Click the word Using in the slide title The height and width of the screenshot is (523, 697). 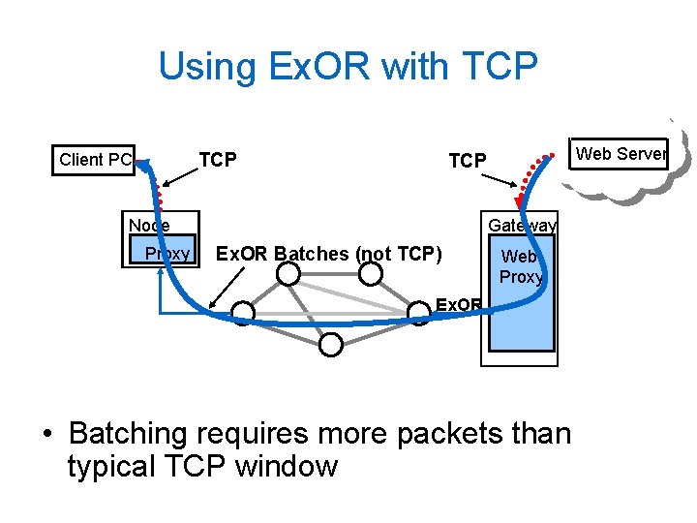click(203, 67)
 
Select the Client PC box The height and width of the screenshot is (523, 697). click(95, 160)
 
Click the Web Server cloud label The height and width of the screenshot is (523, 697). click(621, 153)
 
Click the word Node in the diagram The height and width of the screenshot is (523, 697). click(149, 225)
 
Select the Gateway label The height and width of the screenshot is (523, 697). click(522, 225)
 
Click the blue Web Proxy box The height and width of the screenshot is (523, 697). click(522, 300)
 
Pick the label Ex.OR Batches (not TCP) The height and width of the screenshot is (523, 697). click(328, 254)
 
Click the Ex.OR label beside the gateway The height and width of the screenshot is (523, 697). click(458, 305)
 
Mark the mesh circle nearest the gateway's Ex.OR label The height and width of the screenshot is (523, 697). click(418, 312)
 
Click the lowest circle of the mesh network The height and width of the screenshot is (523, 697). click(331, 343)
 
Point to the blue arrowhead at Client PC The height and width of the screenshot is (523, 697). click(144, 165)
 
